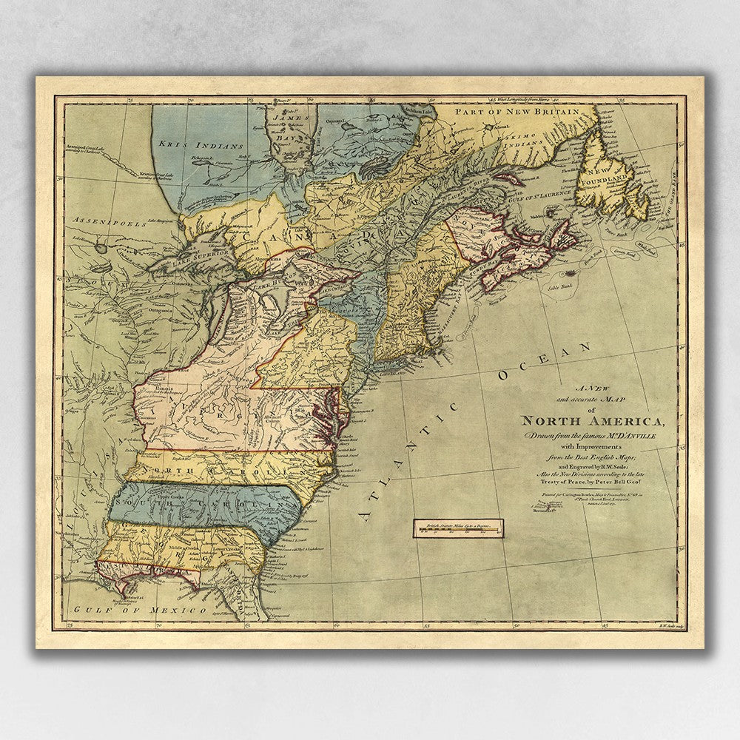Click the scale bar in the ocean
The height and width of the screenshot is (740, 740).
[x=459, y=528]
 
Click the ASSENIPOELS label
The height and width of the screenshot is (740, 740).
[x=99, y=221]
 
